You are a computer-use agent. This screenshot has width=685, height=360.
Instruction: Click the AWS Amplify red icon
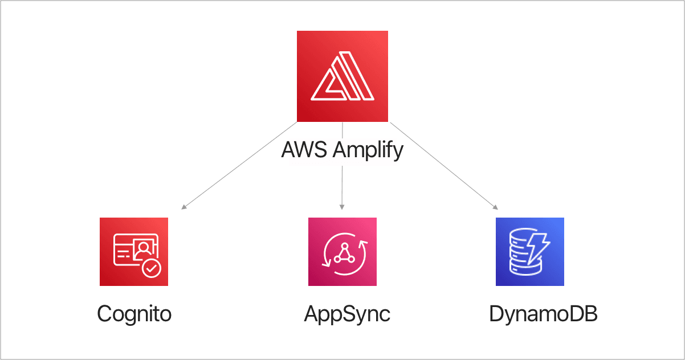tap(342, 76)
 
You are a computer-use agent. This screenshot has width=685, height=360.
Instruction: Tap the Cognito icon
tap(134, 251)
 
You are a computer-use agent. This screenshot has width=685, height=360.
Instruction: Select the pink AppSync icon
tap(342, 251)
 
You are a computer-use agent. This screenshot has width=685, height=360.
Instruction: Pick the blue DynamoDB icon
tap(529, 251)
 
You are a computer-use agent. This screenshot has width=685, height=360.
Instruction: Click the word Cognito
tap(134, 314)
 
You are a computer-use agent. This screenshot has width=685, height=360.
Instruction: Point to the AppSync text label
tap(347, 314)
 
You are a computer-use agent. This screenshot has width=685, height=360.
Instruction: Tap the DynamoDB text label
tap(543, 314)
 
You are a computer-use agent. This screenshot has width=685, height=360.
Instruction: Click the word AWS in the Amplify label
tap(304, 151)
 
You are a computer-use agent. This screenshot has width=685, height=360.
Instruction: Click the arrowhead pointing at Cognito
tap(184, 207)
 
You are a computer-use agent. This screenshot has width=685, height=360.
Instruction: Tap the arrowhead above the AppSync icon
tap(342, 207)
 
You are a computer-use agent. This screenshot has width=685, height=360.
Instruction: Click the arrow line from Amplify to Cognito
tap(239, 165)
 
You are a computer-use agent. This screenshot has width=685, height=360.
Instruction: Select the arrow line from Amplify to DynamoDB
tap(445, 165)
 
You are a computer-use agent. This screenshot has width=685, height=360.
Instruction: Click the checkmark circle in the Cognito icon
tap(152, 268)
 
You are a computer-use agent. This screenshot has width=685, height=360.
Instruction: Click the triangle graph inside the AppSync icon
tap(344, 253)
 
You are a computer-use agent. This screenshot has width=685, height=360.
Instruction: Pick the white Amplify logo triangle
tap(342, 77)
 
